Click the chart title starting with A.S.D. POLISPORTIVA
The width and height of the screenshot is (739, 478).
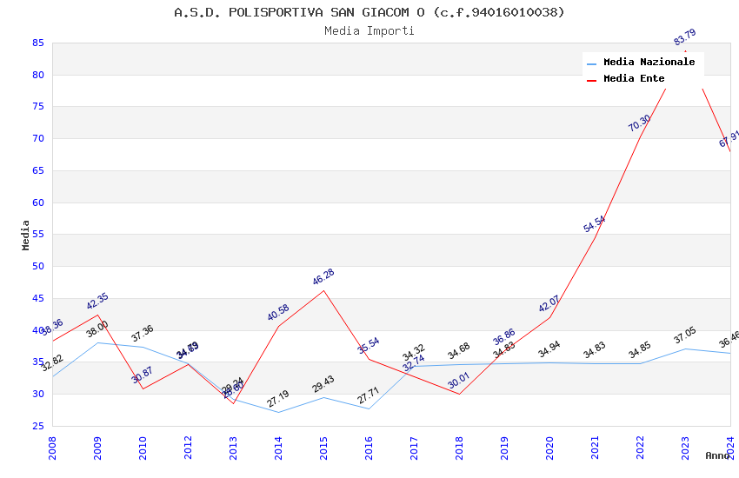pyautogui.click(x=369, y=12)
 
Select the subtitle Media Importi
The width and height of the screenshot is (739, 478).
pyautogui.click(x=369, y=31)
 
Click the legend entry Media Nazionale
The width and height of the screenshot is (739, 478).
pyautogui.click(x=649, y=63)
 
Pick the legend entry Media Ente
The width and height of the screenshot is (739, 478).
pyautogui.click(x=634, y=79)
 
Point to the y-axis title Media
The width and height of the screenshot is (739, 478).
pyautogui.click(x=26, y=235)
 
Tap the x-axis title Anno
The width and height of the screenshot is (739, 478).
pyautogui.click(x=717, y=455)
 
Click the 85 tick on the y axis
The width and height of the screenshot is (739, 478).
pyautogui.click(x=37, y=43)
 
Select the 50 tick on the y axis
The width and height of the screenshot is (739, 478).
pyautogui.click(x=37, y=267)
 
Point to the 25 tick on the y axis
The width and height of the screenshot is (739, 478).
pyautogui.click(x=37, y=426)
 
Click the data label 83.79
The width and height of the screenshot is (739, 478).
pyautogui.click(x=685, y=38)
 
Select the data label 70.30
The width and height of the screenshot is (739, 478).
pyautogui.click(x=640, y=123)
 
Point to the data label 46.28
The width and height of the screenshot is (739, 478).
pyautogui.click(x=323, y=277)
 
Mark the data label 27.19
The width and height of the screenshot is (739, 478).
pyautogui.click(x=278, y=399)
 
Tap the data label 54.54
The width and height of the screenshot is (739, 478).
pyautogui.click(x=595, y=224)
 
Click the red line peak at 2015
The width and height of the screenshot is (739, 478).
pyautogui.click(x=324, y=290)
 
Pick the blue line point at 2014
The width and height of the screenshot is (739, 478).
pyautogui.click(x=279, y=412)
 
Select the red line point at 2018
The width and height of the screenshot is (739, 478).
pyautogui.click(x=460, y=394)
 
